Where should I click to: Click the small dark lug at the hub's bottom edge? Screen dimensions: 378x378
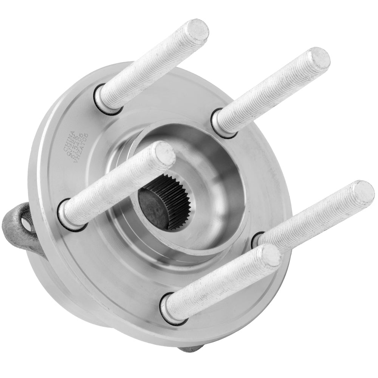pyautogui.click(x=191, y=349)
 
